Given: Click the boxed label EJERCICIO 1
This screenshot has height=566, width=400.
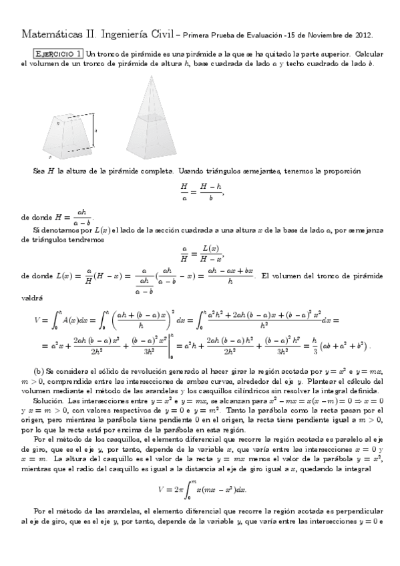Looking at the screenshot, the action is [x=59, y=53].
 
